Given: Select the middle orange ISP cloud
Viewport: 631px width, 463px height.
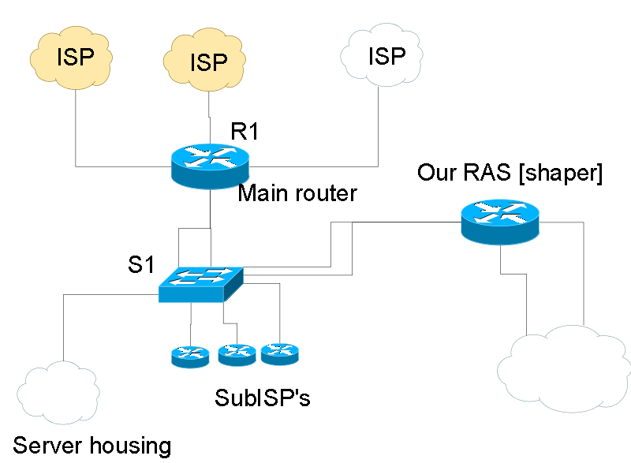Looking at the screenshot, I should (x=208, y=62).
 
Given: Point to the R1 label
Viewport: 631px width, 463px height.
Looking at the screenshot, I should (x=245, y=131).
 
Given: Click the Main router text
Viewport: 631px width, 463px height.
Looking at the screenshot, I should (x=297, y=192).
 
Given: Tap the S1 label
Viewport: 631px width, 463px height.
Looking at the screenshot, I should (x=140, y=265).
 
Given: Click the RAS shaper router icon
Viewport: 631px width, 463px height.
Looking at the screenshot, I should (x=500, y=221).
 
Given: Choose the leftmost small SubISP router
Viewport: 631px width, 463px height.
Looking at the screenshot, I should (x=190, y=357).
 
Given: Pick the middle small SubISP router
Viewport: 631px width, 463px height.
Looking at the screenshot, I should (x=237, y=355).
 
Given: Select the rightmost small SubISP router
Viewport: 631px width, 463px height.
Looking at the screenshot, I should (x=280, y=353).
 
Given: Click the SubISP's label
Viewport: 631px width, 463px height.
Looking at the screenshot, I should (x=263, y=398).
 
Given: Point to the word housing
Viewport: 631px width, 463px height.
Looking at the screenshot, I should (x=131, y=446).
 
